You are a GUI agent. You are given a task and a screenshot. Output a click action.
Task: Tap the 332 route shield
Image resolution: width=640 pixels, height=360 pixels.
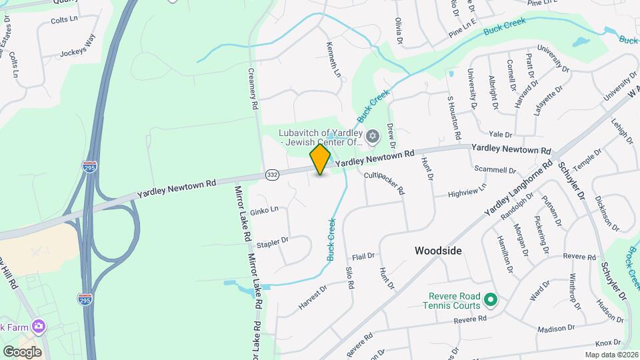coord(271,173)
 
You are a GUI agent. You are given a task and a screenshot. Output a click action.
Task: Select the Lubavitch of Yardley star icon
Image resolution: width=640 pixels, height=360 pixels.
coord(373,137)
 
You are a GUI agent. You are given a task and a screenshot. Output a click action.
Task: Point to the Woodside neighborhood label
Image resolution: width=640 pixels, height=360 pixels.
coord(438,251)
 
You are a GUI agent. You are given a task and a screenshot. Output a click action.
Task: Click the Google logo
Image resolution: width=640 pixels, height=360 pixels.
coord(22,352)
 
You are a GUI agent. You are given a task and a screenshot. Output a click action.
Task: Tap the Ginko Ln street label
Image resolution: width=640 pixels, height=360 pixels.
coord(265,209)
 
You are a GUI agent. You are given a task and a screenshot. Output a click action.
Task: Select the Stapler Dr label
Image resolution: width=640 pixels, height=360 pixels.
coord(273,240)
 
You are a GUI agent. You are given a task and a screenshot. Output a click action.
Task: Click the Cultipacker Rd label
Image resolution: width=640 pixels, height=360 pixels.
coord(384,181)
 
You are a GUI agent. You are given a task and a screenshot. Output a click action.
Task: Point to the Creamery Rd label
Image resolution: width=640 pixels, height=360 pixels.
coord(253,88)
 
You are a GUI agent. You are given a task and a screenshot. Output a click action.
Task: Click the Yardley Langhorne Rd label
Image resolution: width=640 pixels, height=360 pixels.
coord(518,187)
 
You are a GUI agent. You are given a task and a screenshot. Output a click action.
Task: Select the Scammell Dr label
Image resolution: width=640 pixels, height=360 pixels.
coord(491,169)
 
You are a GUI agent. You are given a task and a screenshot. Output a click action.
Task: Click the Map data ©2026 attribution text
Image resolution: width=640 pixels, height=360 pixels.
coord(611,355)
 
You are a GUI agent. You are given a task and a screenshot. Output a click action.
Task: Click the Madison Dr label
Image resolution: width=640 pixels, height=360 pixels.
coord(555,328)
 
